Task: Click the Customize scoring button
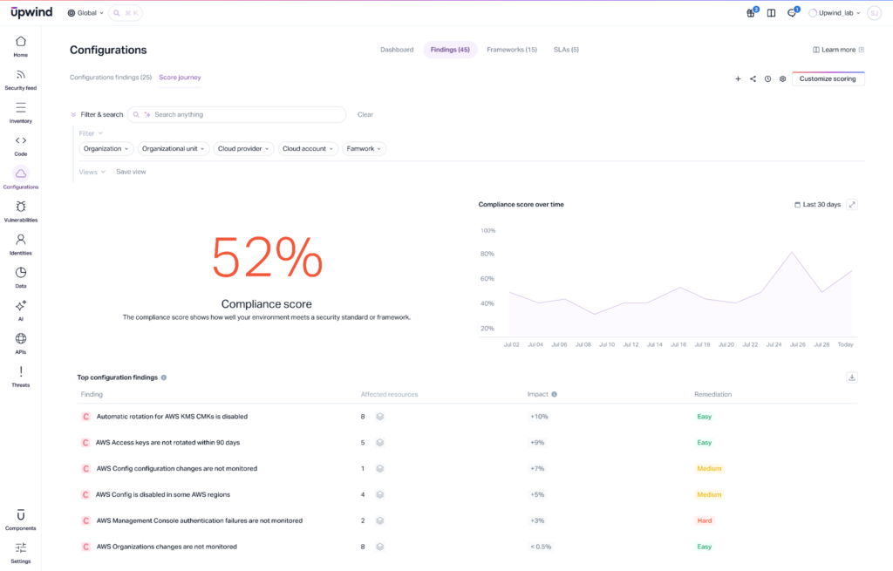click(x=828, y=78)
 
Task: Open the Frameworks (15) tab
click(x=512, y=50)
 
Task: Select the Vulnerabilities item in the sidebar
click(x=21, y=211)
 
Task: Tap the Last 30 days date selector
click(x=817, y=205)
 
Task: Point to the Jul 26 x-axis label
click(x=797, y=344)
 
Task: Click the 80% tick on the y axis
click(x=487, y=255)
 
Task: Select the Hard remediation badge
click(x=705, y=520)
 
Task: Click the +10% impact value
click(x=538, y=417)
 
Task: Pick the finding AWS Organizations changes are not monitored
click(x=166, y=547)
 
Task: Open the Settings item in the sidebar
click(x=21, y=552)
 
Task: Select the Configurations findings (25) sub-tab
click(x=111, y=78)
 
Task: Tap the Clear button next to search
click(x=365, y=114)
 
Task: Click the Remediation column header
click(x=712, y=394)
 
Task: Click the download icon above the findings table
click(x=852, y=377)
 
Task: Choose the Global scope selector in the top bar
click(x=85, y=13)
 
